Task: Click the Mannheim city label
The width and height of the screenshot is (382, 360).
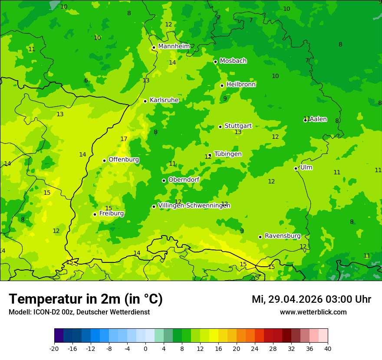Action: click(174, 46)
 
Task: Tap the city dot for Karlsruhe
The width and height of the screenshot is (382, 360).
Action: click(145, 101)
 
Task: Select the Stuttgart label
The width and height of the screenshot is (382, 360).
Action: click(238, 126)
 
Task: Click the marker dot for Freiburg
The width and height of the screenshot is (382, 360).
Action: click(95, 214)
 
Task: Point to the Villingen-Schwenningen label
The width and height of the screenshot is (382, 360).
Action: click(194, 206)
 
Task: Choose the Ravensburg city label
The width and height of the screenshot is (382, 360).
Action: click(283, 236)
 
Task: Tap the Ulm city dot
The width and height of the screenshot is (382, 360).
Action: click(296, 168)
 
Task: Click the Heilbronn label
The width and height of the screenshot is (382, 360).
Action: click(241, 85)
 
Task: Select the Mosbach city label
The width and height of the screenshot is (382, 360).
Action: click(233, 61)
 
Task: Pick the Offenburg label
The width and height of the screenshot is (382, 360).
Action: click(124, 160)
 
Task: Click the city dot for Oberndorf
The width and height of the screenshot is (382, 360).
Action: click(164, 180)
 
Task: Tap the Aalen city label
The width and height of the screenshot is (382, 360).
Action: click(318, 119)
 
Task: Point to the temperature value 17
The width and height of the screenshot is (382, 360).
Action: click(124, 139)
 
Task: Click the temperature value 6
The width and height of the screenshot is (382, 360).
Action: click(86, 80)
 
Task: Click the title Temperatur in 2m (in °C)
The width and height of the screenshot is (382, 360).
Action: click(86, 299)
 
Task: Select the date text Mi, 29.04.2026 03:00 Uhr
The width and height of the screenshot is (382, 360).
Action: click(311, 299)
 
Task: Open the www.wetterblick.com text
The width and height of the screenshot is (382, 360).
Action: click(313, 312)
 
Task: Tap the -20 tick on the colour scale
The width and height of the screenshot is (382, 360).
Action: click(54, 348)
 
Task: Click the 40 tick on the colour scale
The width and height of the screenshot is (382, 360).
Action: click(328, 348)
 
